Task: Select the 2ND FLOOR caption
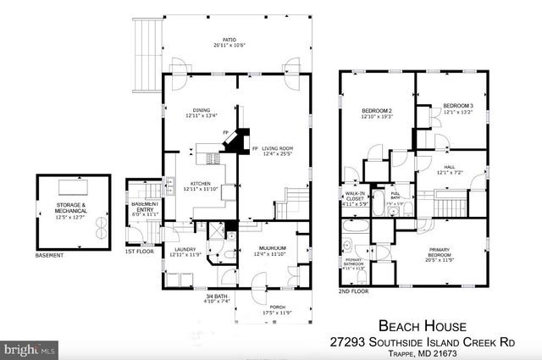click(x=354, y=291)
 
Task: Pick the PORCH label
click(x=277, y=310)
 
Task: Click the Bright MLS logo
click(x=30, y=348)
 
